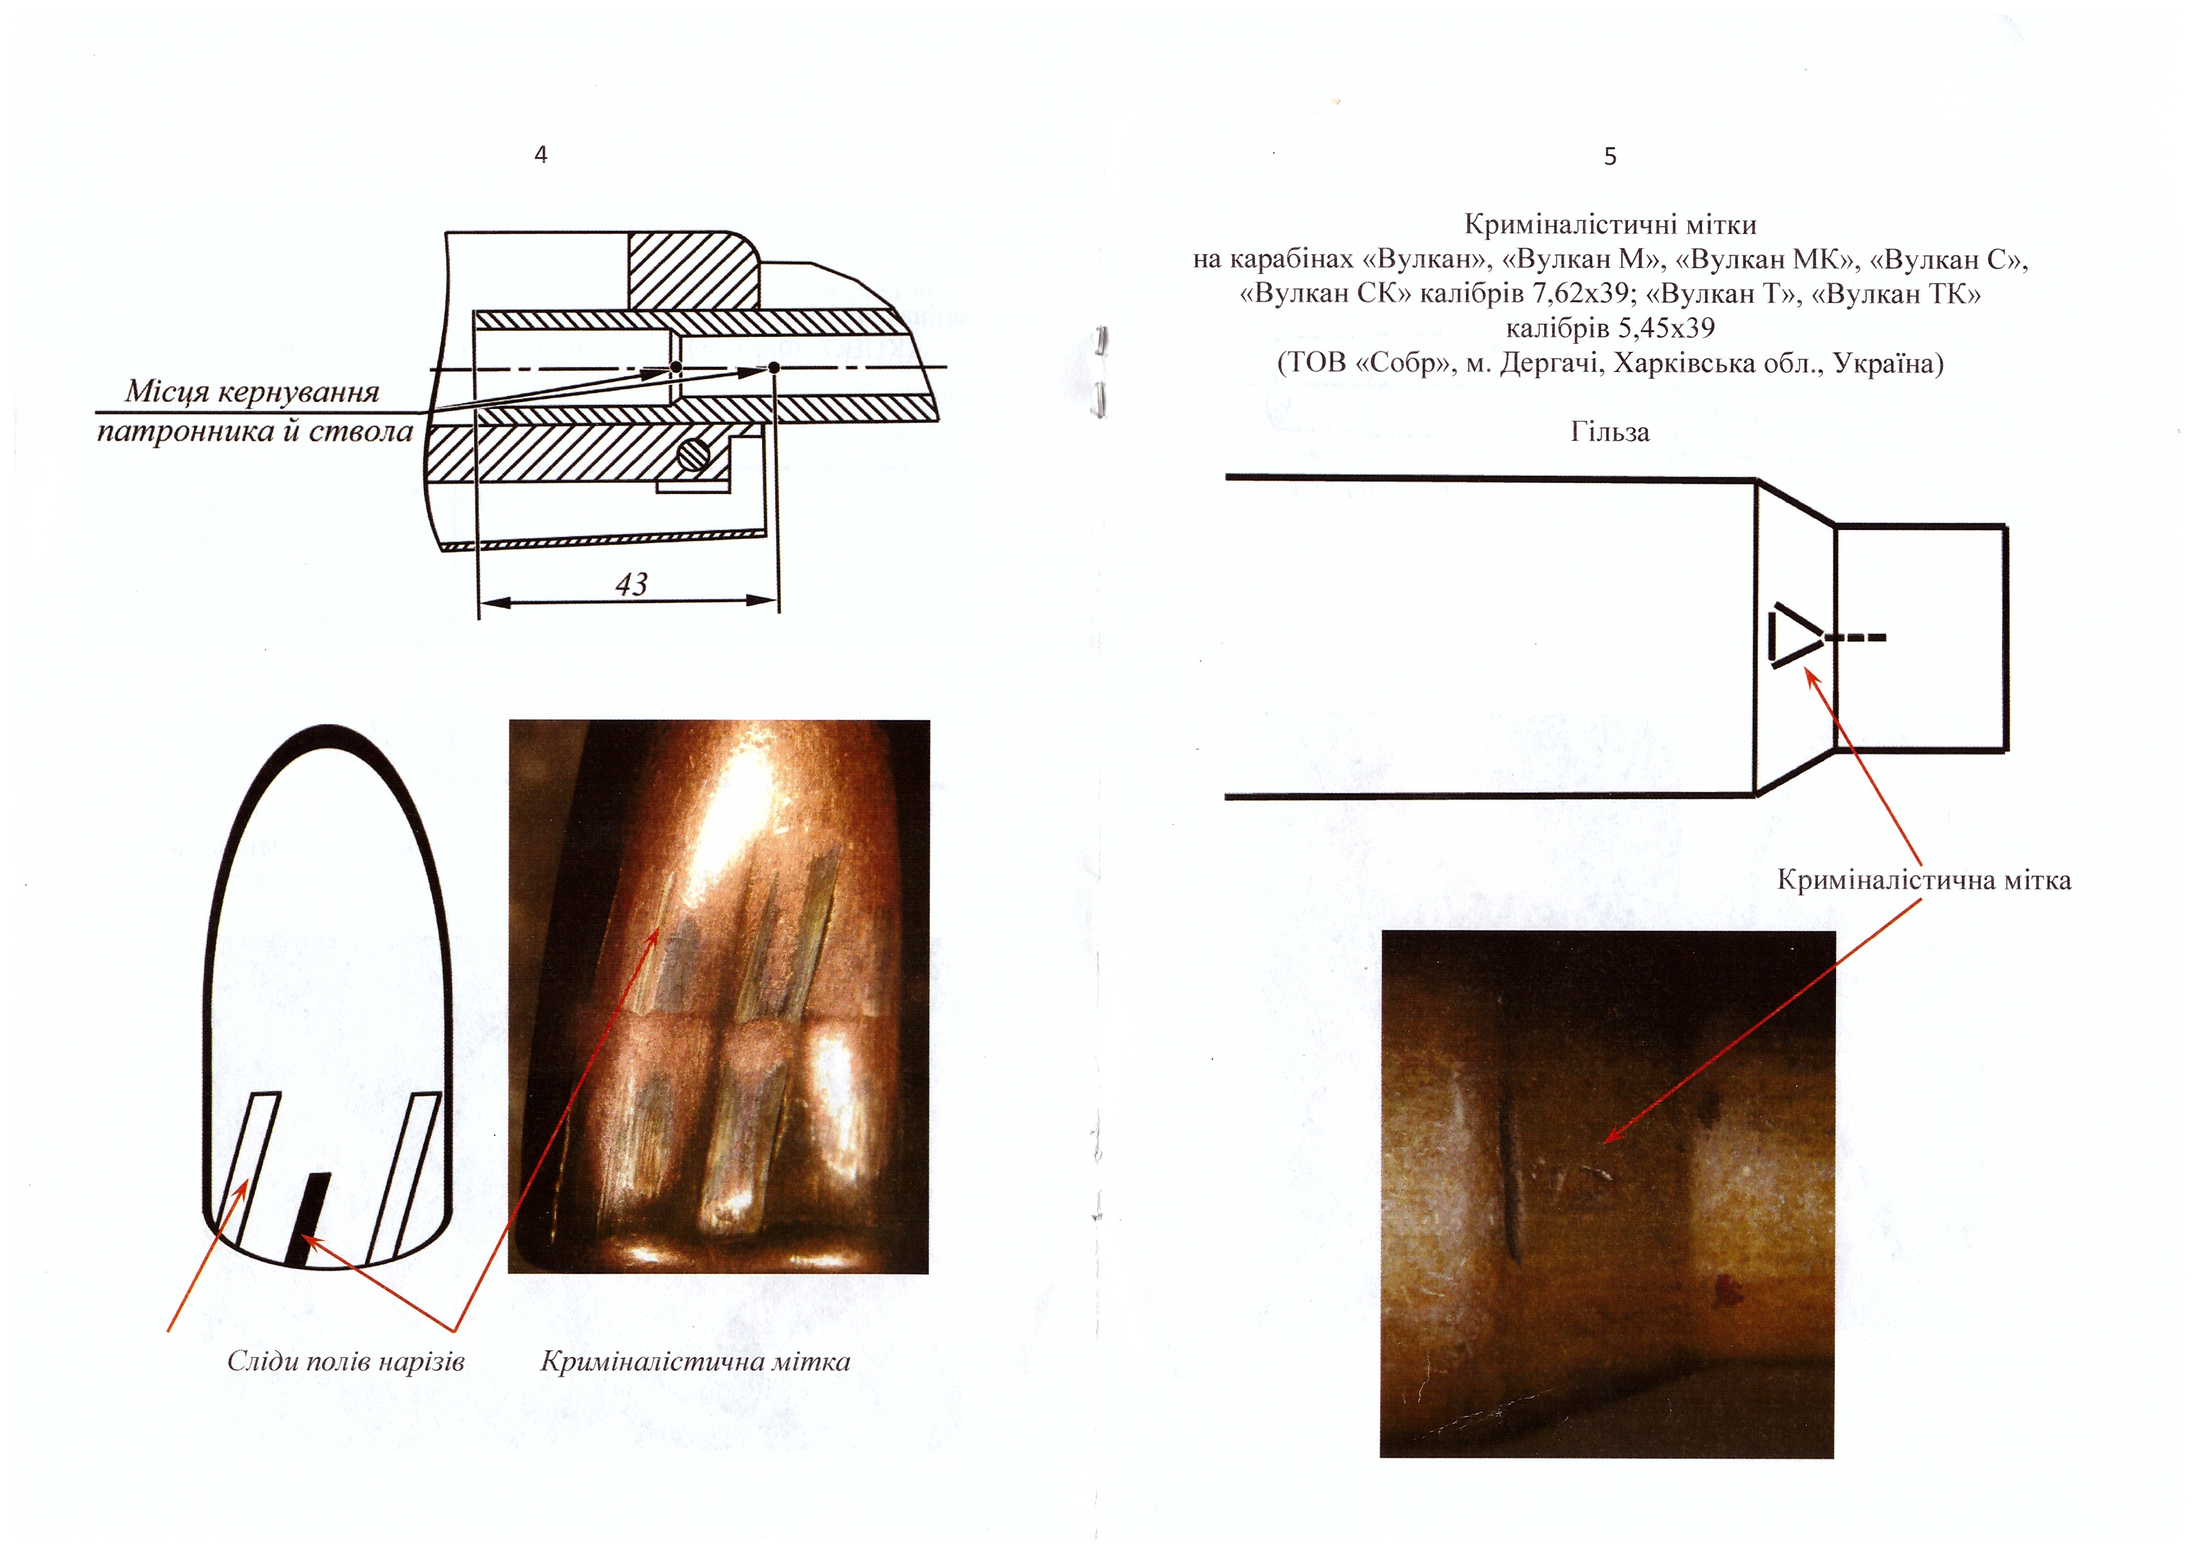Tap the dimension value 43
pos(631,583)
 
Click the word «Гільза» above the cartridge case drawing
pos(1610,433)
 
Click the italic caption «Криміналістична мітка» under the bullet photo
pos(695,1361)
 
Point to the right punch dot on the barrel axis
pos(774,367)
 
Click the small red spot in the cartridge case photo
pos(1728,1292)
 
